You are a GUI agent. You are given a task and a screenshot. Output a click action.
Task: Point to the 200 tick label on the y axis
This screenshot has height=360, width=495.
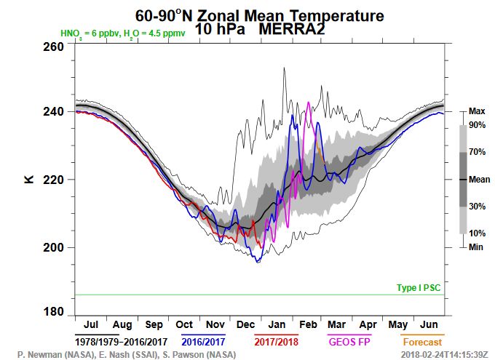point(52,247)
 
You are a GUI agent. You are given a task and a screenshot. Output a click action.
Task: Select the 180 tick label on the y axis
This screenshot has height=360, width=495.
point(52,313)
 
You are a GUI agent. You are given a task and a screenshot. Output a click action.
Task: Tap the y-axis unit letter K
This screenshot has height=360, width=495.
point(29,178)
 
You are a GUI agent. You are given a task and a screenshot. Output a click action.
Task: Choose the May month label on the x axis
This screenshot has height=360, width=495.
point(398,324)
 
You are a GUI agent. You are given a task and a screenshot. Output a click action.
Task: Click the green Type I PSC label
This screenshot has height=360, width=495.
point(419,288)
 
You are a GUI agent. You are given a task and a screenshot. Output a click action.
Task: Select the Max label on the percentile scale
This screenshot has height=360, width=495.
point(477,111)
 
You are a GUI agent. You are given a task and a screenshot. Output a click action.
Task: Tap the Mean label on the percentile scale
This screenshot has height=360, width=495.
point(478,179)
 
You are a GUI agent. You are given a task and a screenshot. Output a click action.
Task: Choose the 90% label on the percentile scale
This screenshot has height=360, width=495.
point(478,125)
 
